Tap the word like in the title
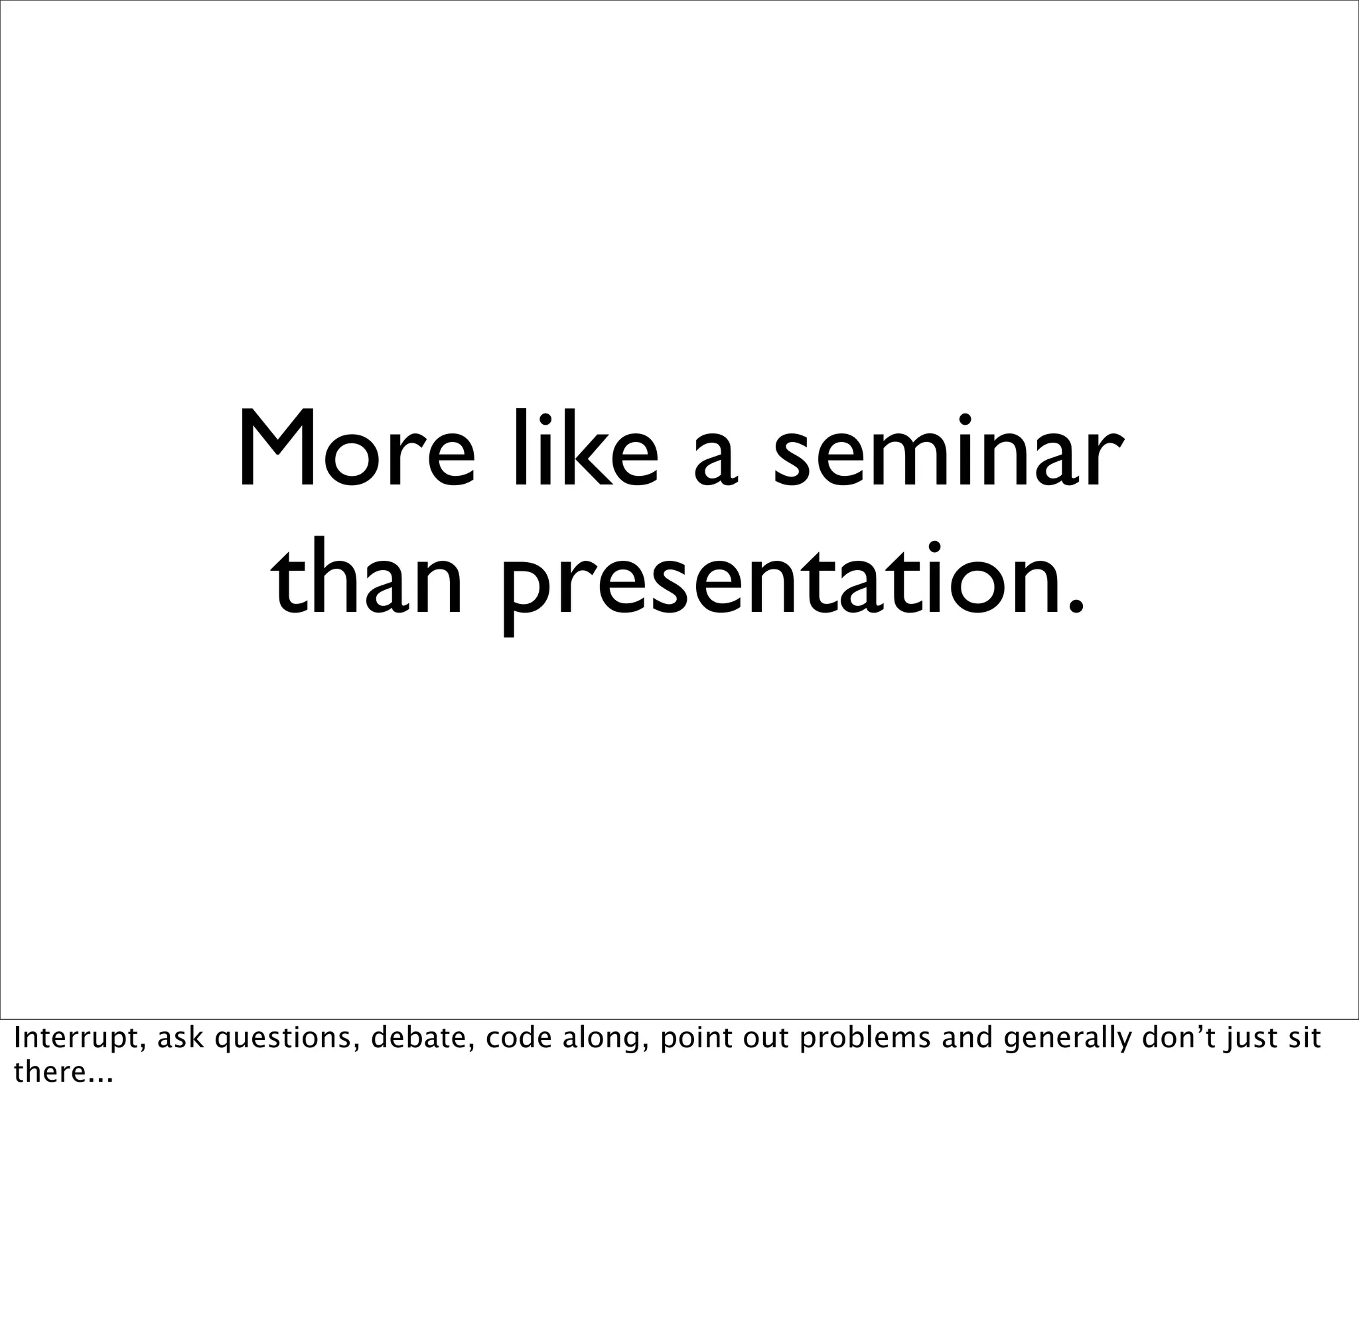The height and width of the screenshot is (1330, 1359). (585, 447)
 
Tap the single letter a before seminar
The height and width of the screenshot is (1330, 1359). (715, 457)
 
